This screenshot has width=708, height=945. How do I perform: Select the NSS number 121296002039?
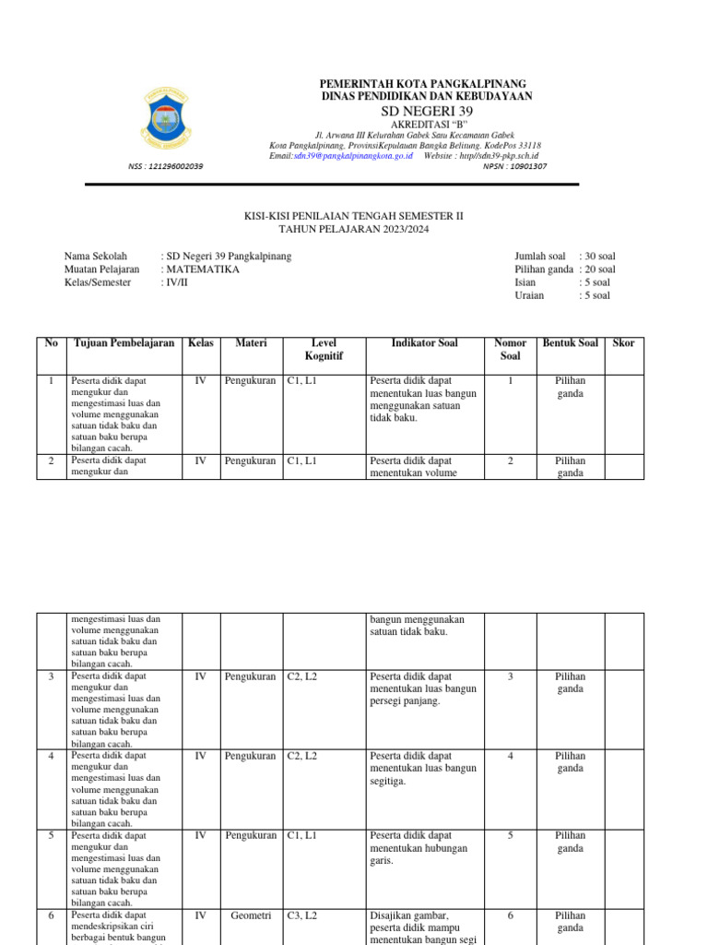coord(166,167)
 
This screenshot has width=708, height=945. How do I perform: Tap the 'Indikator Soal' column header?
coord(424,343)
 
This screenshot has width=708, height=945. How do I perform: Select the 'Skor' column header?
coord(623,343)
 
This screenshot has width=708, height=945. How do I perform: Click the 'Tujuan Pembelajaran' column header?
coord(124,343)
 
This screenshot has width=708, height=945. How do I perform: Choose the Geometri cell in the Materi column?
coord(252,915)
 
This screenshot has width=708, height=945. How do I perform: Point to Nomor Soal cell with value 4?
coord(511,756)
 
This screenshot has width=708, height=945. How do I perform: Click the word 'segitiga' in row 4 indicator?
coord(388,781)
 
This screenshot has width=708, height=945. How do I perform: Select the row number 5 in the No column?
coord(52,835)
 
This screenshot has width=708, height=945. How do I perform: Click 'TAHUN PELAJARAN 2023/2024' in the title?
coord(354,229)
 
